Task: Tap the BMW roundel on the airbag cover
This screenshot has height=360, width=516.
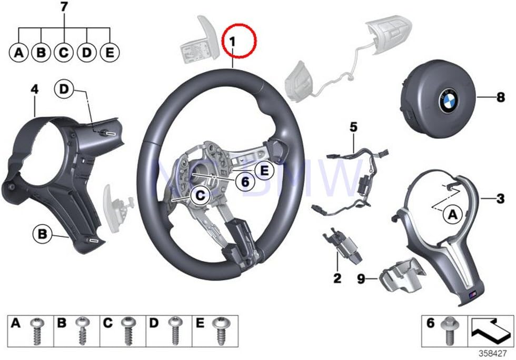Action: coord(449,98)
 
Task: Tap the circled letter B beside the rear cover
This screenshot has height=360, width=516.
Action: coord(42,232)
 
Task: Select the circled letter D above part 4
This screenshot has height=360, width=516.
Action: coord(64,91)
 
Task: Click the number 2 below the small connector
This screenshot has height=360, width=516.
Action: coord(337,277)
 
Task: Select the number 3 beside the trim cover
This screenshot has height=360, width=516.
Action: coord(500,198)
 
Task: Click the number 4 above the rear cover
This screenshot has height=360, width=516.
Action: coord(34,90)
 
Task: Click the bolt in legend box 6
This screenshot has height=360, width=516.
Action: coord(449,329)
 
